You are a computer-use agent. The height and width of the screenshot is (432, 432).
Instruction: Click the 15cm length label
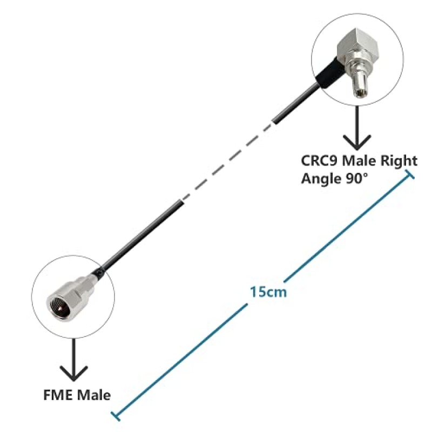tap(268, 292)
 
